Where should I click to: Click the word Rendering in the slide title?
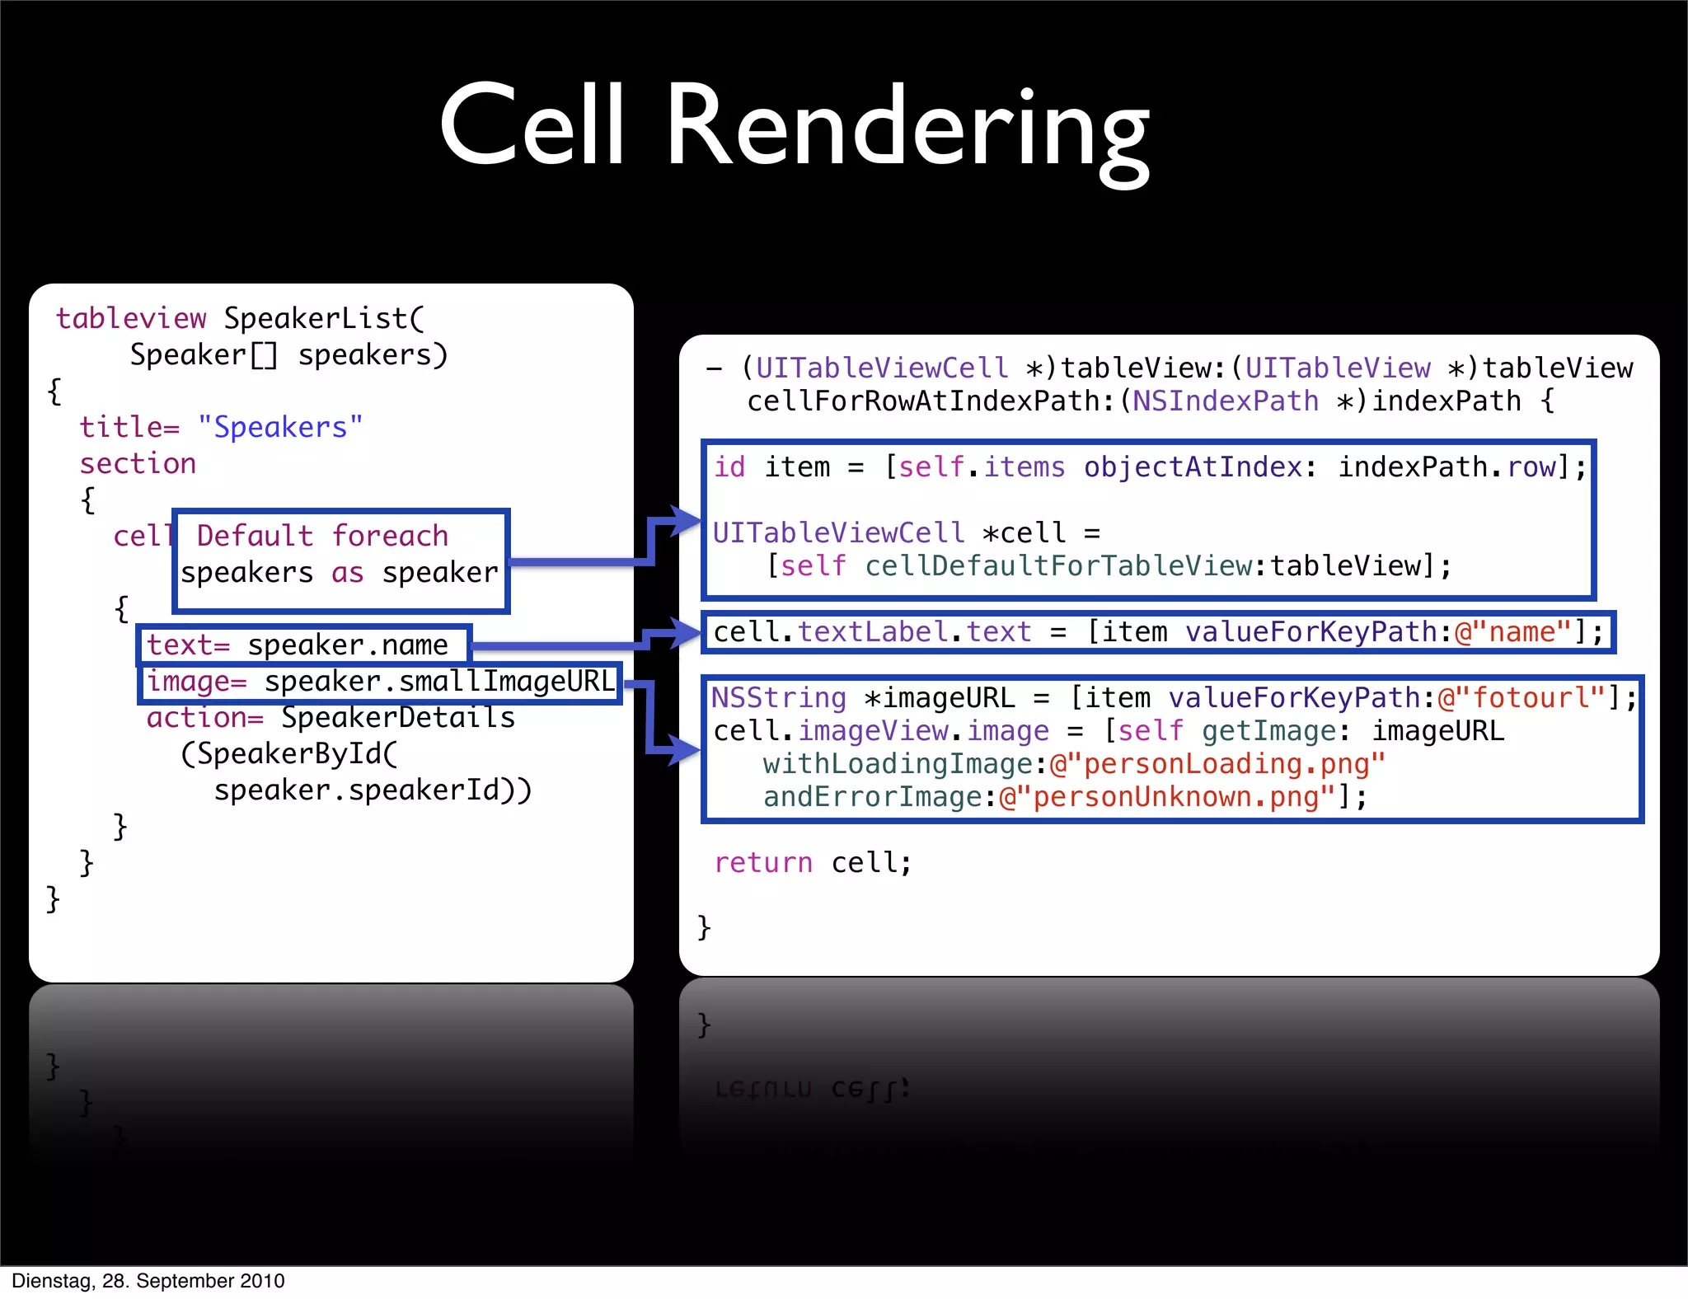[907, 128]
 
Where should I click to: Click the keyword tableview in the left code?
[131, 318]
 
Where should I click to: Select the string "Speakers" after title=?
[280, 427]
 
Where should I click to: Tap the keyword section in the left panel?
[138, 463]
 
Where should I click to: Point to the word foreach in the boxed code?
[390, 536]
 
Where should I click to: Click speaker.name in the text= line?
[348, 645]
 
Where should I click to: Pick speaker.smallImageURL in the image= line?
[439, 682]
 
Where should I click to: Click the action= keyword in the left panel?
[205, 718]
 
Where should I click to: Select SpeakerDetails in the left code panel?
[398, 718]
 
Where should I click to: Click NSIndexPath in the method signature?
[1225, 401]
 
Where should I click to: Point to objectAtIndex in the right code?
[1193, 467]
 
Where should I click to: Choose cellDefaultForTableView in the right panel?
[1058, 566]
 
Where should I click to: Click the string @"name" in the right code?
[1513, 632]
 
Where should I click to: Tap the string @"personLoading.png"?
[1217, 764]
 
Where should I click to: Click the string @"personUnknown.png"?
[1166, 797]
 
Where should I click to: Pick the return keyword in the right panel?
[763, 863]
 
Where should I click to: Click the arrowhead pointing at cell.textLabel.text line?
[686, 633]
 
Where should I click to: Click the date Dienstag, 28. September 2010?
[148, 1281]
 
